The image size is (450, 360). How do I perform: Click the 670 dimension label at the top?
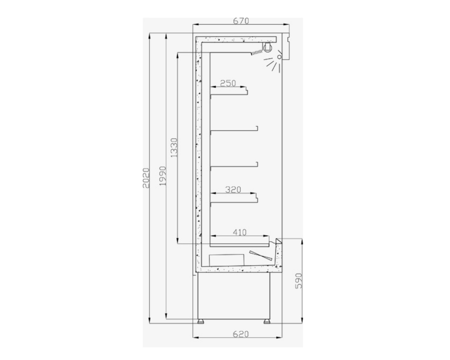click(x=241, y=21)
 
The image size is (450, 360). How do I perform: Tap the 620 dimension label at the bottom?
click(x=241, y=334)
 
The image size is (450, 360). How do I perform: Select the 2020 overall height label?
click(x=146, y=178)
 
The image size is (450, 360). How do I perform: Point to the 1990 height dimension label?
click(x=163, y=176)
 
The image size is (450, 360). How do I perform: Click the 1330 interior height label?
click(x=174, y=148)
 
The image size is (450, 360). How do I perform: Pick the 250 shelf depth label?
click(x=228, y=83)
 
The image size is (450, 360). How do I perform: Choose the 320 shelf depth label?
click(x=233, y=189)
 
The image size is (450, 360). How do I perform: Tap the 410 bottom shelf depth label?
click(x=240, y=232)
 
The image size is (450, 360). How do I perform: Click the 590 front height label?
click(x=298, y=281)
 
